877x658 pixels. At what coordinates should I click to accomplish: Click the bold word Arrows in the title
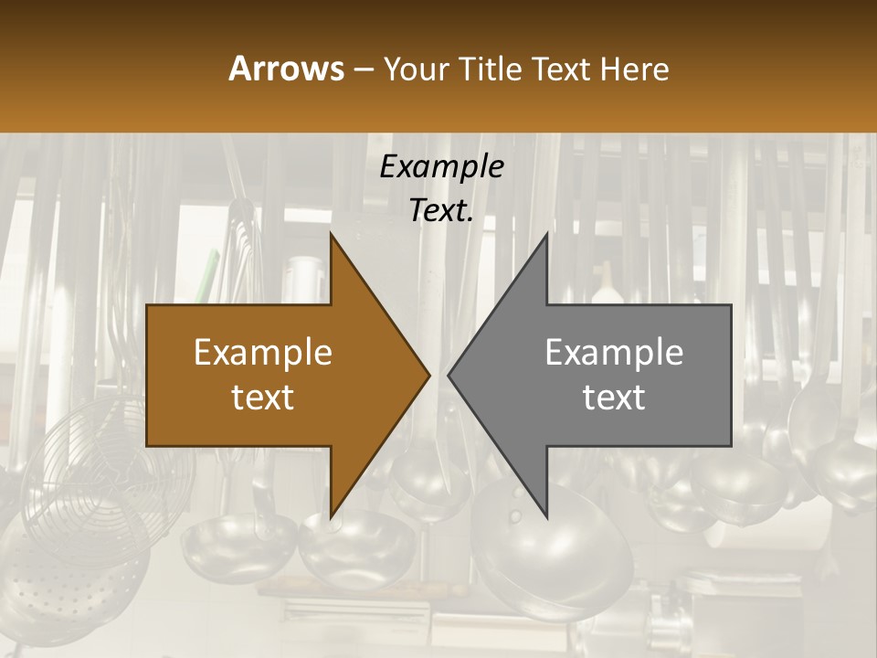286,69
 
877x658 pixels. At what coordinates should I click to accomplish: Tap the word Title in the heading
491,69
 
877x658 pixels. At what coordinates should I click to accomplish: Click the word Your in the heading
417,69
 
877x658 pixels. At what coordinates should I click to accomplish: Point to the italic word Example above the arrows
441,166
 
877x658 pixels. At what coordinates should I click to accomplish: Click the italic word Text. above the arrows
441,211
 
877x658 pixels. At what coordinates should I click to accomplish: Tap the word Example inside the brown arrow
263,353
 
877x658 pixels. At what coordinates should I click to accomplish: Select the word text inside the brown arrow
263,397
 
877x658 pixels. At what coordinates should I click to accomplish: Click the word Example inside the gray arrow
614,353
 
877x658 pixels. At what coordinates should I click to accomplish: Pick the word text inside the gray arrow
614,397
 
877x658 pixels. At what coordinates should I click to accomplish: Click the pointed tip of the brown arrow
428,375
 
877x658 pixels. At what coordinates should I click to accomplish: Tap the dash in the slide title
363,69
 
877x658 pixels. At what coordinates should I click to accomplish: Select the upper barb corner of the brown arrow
332,234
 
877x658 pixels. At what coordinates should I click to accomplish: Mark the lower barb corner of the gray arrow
546,517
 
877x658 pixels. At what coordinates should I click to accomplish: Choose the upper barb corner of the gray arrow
546,234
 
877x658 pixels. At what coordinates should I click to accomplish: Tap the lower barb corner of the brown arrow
332,517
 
